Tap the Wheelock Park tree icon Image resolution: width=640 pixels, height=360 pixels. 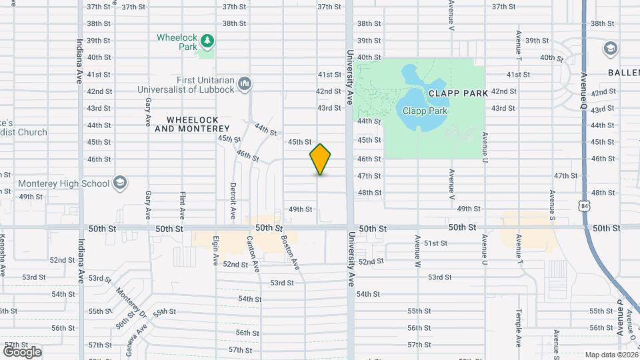click(x=207, y=41)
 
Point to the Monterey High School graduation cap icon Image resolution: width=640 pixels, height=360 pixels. click(x=120, y=183)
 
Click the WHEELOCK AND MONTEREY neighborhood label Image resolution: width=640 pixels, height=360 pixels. click(x=192, y=123)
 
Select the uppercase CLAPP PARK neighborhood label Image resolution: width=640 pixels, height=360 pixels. click(x=458, y=93)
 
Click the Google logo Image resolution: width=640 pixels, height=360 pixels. click(x=22, y=351)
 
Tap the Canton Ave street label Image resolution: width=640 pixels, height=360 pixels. click(x=253, y=253)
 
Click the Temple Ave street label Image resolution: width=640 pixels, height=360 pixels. click(x=517, y=328)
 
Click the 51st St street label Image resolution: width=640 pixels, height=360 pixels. click(x=435, y=243)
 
